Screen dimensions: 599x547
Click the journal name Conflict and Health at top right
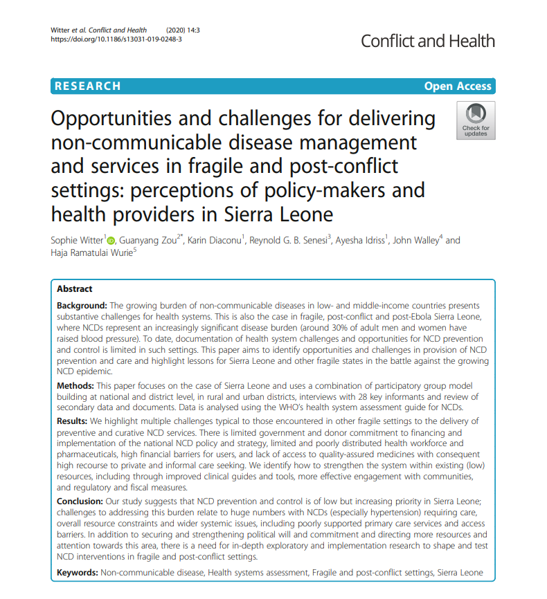[x=428, y=41]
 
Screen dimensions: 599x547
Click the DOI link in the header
[x=116, y=40]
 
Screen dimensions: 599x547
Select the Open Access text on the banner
[x=458, y=86]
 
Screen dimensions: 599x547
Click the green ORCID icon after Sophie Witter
[x=111, y=241]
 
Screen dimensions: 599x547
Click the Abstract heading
[x=75, y=289]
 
